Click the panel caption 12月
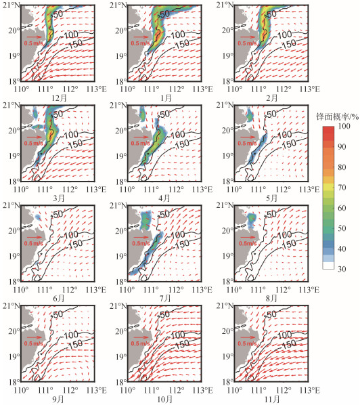pos(59,98)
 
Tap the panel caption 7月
pos(165,298)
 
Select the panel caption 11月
pos(272,399)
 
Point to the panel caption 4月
pos(165,198)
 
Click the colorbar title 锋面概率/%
pos(337,117)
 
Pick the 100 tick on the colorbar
pos(344,126)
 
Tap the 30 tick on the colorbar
pos(342,269)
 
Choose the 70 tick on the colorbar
pos(342,187)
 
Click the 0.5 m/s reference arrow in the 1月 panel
pos(141,37)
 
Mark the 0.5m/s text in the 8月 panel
pos(248,243)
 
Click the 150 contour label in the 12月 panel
pos(75,44)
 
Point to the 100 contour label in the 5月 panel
pos(284,135)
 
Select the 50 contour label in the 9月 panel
pos(58,314)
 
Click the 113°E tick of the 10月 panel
pos(202,390)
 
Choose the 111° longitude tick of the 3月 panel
pos(45,190)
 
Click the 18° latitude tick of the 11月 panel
pos(228,382)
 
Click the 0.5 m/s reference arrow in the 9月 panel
pos(35,337)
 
